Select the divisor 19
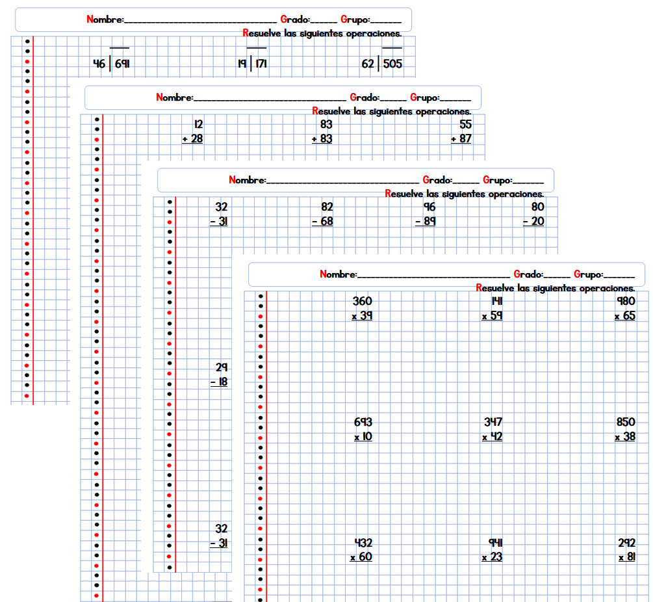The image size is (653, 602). pyautogui.click(x=241, y=64)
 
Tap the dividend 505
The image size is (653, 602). pyautogui.click(x=393, y=64)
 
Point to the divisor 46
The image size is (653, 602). pyautogui.click(x=99, y=64)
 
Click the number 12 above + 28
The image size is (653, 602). pyautogui.click(x=198, y=124)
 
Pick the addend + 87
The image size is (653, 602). pyautogui.click(x=461, y=138)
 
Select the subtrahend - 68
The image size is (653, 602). pyautogui.click(x=322, y=221)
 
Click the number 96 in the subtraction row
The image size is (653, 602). pyautogui.click(x=429, y=207)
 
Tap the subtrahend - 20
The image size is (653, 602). pyautogui.click(x=533, y=221)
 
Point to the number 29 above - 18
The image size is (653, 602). pyautogui.click(x=222, y=367)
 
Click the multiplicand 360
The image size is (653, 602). pyautogui.click(x=363, y=302)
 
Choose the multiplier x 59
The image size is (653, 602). pyautogui.click(x=492, y=316)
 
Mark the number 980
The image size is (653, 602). pyautogui.click(x=626, y=302)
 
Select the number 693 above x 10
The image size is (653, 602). pyautogui.click(x=363, y=423)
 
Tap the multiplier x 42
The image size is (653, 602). pyautogui.click(x=492, y=437)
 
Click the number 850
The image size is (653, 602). pyautogui.click(x=626, y=423)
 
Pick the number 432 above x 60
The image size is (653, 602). pyautogui.click(x=363, y=543)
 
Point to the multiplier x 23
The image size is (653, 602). pyautogui.click(x=492, y=557)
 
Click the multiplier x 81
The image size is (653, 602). pyautogui.click(x=626, y=557)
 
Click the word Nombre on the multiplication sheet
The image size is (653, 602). pyautogui.click(x=338, y=274)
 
